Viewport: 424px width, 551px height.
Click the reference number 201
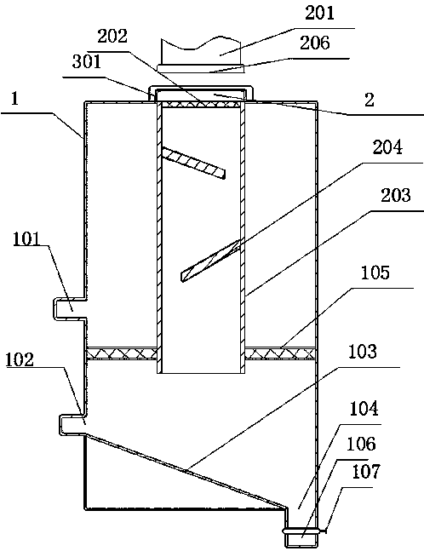[319, 14]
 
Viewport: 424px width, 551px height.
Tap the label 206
[315, 43]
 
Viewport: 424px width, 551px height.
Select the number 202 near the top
[112, 37]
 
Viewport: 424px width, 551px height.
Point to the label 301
[86, 62]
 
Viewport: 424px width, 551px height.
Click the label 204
[387, 147]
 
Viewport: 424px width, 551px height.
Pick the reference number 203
[396, 195]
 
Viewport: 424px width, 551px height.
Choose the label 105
[375, 273]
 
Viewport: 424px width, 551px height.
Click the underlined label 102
[20, 360]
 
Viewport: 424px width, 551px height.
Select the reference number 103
[363, 352]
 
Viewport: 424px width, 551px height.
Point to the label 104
[364, 409]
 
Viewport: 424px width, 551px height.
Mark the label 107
[366, 472]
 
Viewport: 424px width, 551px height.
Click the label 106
[361, 445]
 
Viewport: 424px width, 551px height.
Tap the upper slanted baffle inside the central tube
[193, 163]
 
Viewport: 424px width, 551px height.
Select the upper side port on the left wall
[70, 308]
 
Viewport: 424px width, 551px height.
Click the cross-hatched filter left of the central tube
[122, 353]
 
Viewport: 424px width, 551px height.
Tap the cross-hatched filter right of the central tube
[280, 353]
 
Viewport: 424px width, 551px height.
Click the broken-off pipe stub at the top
[201, 55]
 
